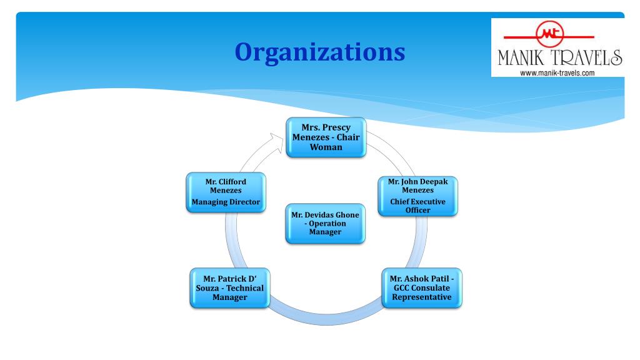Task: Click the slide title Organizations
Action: [319, 51]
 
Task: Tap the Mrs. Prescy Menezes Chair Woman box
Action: [326, 137]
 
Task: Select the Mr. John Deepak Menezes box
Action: [417, 196]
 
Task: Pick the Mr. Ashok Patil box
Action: [422, 287]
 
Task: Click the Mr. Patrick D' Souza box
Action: [230, 287]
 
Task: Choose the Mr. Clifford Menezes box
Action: [226, 192]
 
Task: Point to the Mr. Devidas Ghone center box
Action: [326, 223]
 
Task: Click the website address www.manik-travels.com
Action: [557, 72]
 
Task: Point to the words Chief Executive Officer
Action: [417, 206]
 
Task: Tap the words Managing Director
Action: [226, 202]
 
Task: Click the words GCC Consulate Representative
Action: [422, 292]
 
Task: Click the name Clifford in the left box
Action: [232, 182]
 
